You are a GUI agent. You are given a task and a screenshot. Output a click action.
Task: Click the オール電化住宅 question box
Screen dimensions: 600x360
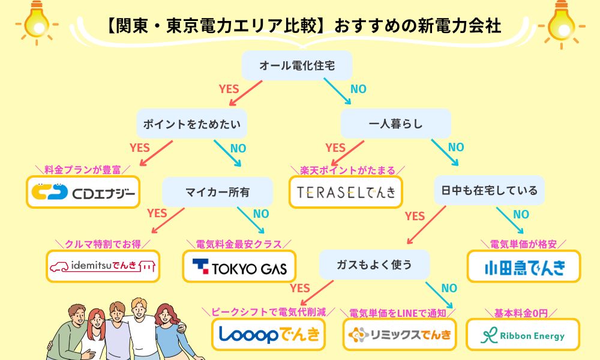tap(296, 65)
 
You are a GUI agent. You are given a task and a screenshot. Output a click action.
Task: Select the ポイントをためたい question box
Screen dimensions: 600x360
tap(192, 124)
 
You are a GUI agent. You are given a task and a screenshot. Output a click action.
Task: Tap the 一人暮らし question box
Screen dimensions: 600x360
tap(395, 124)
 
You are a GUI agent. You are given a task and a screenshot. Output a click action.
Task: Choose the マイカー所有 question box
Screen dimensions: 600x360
tap(217, 191)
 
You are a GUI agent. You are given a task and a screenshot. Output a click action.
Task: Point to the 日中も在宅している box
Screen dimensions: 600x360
tap(490, 190)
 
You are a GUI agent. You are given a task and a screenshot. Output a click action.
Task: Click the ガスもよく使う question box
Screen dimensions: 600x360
tap(374, 265)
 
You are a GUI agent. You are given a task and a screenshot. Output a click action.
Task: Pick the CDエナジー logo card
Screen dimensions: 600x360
tap(83, 192)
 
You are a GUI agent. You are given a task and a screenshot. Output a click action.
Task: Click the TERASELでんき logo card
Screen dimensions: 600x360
tap(346, 192)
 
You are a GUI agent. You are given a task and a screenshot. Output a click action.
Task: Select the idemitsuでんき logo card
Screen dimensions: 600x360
tap(103, 266)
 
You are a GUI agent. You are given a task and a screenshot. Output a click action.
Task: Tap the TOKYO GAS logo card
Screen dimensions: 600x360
tap(239, 266)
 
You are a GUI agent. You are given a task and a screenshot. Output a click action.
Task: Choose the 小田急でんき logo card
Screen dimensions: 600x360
tap(524, 266)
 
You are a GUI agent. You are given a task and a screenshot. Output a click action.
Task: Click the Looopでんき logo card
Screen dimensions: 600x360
tap(268, 334)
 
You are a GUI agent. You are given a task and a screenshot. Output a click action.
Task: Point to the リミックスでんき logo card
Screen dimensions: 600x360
tap(400, 334)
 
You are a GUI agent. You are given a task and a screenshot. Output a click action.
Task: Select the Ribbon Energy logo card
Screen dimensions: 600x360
tap(523, 334)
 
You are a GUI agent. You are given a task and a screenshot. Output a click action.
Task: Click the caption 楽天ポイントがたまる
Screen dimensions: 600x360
tap(347, 170)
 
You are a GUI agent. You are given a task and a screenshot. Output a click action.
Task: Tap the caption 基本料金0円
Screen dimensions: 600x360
tap(521, 313)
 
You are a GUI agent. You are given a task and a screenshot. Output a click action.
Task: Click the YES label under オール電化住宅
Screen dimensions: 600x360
tap(229, 89)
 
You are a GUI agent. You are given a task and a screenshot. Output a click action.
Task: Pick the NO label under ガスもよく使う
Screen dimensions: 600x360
tap(449, 288)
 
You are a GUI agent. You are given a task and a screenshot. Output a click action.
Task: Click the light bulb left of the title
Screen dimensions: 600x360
tap(37, 23)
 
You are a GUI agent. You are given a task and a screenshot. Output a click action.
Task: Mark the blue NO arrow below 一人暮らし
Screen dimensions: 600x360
tap(445, 152)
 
